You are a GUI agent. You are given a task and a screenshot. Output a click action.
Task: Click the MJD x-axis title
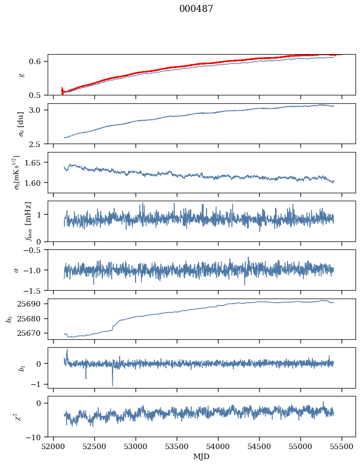tap(202, 457)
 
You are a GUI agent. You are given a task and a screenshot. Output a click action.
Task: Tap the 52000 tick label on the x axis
tap(54, 446)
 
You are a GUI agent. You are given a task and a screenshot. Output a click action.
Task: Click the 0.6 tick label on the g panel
tap(39, 61)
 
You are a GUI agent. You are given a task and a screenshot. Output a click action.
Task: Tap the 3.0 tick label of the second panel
tap(39, 110)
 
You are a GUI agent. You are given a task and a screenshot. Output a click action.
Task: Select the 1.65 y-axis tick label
tap(37, 162)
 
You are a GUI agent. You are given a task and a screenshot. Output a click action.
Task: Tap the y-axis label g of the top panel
tap(20, 75)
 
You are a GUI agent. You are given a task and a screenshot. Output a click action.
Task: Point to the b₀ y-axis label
tap(9, 319)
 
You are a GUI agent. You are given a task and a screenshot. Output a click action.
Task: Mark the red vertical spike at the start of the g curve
tap(62, 90)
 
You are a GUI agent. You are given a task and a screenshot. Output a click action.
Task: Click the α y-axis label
tap(16, 270)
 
